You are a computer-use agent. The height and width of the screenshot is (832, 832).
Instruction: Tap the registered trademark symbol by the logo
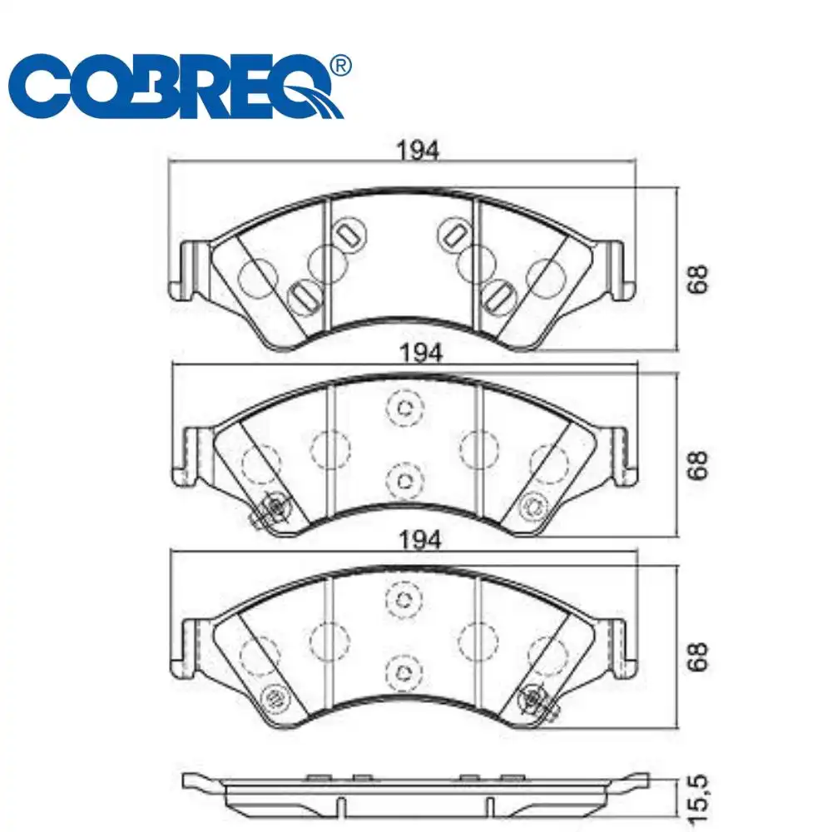point(340,66)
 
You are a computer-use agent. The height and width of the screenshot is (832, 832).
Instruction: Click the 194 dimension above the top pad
point(418,150)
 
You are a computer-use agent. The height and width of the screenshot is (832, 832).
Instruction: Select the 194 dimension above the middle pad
point(421,353)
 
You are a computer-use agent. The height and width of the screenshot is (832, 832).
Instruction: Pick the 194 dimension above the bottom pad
point(419,540)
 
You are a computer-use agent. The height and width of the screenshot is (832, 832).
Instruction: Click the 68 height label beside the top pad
point(696,279)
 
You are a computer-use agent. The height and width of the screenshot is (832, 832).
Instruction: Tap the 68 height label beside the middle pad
point(696,465)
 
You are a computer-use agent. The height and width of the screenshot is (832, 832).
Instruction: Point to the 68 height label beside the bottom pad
point(696,657)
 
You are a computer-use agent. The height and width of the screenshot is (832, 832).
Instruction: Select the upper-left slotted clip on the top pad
point(349,234)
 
